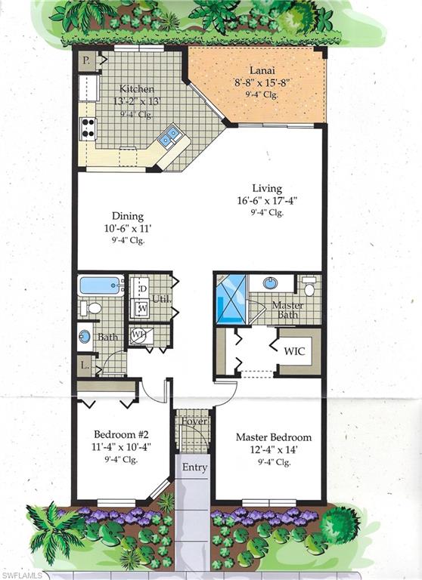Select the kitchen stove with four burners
(88, 128)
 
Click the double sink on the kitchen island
(169, 137)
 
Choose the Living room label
(267, 188)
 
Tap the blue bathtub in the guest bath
(100, 285)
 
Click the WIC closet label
(295, 351)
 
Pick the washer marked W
(141, 307)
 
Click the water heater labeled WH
(138, 335)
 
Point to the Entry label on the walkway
(194, 467)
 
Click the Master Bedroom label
(273, 437)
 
